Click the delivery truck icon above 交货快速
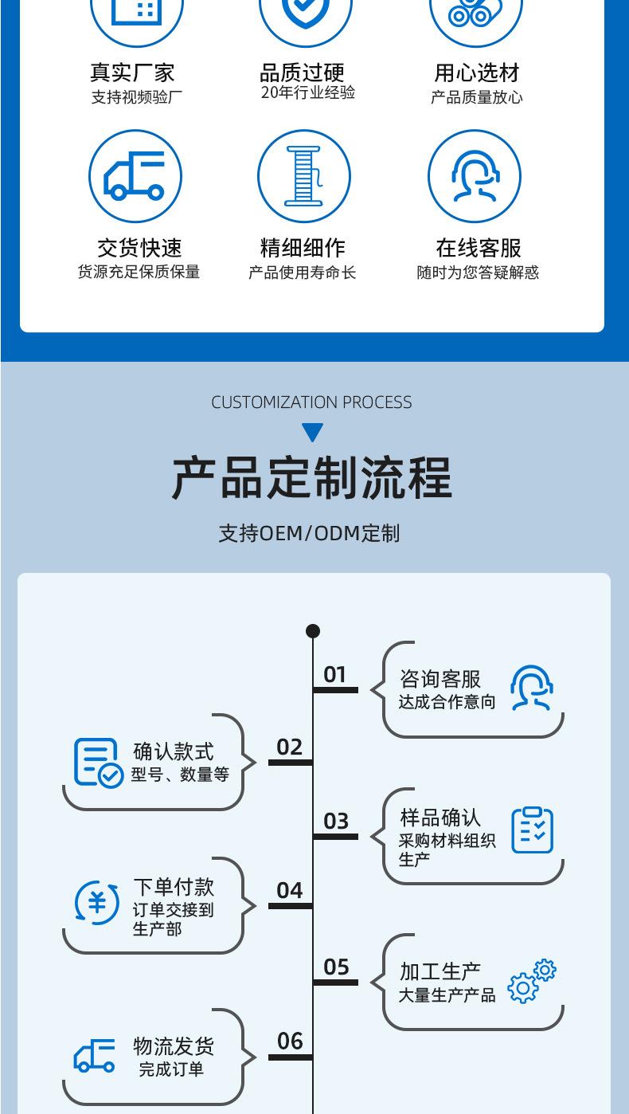(x=135, y=177)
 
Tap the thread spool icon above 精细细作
(x=303, y=177)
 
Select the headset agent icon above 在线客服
(x=475, y=177)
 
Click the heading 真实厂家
(x=132, y=73)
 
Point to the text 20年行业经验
(x=307, y=92)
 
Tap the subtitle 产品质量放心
(x=477, y=97)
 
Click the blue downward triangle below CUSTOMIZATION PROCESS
(x=313, y=433)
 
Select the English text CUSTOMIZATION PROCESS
(x=312, y=402)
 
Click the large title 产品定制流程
(x=312, y=478)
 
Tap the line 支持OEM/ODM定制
(x=310, y=533)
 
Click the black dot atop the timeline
(x=313, y=631)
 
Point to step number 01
(x=335, y=675)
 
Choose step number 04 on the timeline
(x=290, y=890)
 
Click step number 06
(x=290, y=1041)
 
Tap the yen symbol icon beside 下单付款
(x=97, y=903)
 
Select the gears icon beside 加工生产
(x=532, y=981)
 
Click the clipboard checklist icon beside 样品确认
(x=532, y=830)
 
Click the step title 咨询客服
(x=440, y=679)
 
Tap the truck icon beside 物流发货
(x=95, y=1056)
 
